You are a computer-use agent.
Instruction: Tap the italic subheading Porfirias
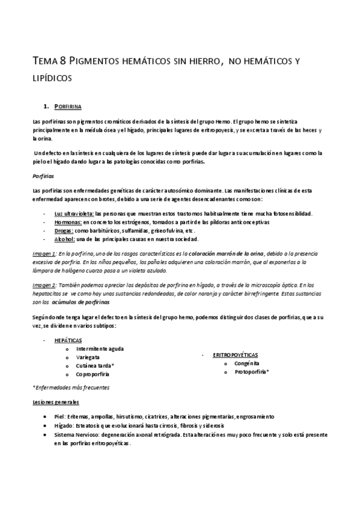(x=43, y=177)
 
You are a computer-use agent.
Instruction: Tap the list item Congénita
(x=248, y=364)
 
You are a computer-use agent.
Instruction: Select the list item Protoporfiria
(x=252, y=372)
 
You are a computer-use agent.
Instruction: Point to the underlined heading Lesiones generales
(x=56, y=402)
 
